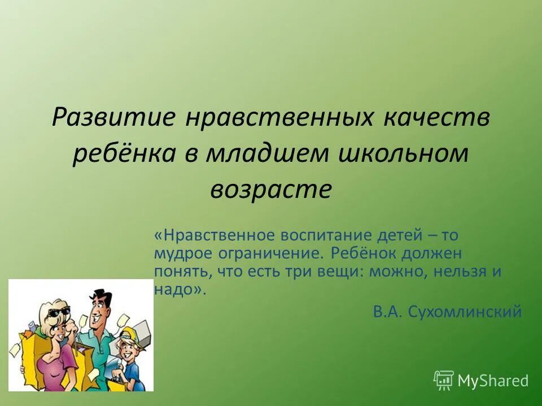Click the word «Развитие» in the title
coord(112,119)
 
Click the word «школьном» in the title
coord(405,154)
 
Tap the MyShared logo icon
coord(443,379)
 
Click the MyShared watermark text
coord(493,381)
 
